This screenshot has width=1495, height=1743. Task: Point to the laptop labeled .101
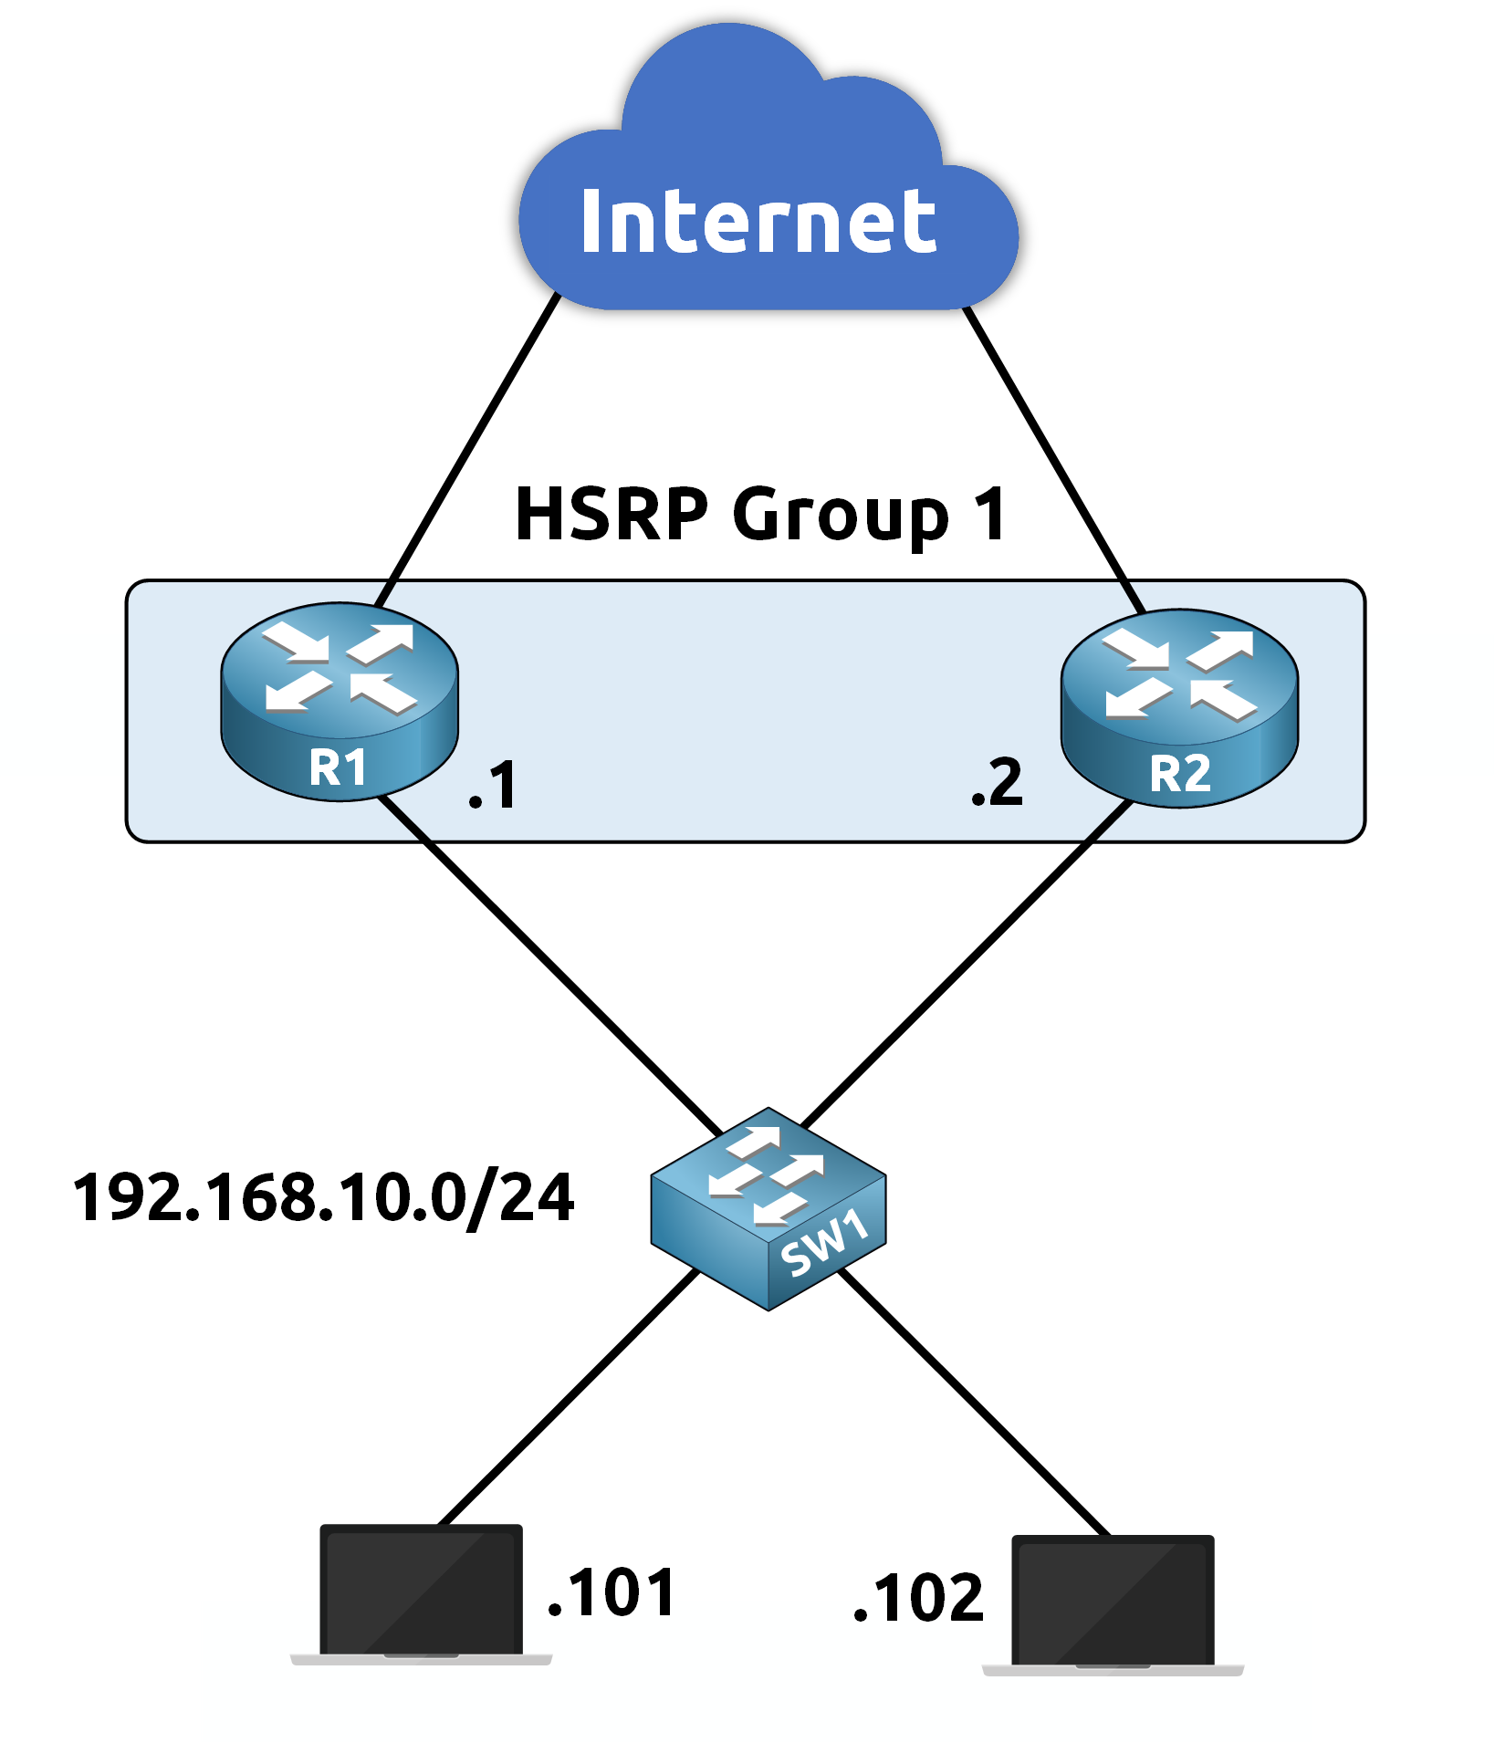pos(422,1592)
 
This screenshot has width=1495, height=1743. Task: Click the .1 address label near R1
pos(494,786)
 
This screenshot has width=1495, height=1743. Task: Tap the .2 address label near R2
pos(998,783)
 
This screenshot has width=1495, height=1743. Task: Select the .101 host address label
pos(611,1592)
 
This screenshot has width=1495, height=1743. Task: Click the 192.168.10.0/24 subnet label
pos(323,1198)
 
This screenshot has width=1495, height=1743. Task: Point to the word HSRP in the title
pos(612,515)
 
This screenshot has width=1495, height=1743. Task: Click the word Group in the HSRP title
pos(840,517)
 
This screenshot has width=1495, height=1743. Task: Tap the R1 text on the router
pos(338,767)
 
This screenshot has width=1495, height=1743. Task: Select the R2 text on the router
pos(1180,775)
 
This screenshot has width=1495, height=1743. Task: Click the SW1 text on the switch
pos(824,1243)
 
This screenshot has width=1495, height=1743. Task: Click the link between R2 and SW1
pos(967,963)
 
